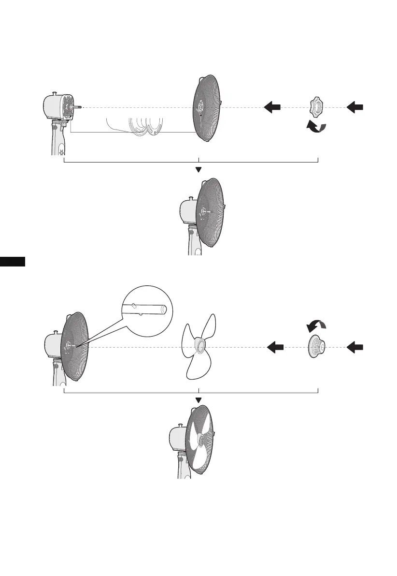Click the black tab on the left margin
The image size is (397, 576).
13,262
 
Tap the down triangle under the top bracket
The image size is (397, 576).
198,170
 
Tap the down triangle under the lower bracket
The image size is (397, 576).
198,399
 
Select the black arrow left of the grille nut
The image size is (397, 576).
272,107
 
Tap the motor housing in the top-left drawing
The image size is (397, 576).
54,107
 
